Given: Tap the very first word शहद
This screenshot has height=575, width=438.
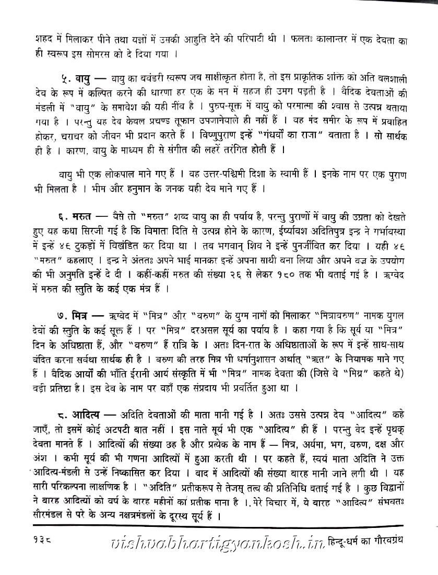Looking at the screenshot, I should (30, 39).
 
